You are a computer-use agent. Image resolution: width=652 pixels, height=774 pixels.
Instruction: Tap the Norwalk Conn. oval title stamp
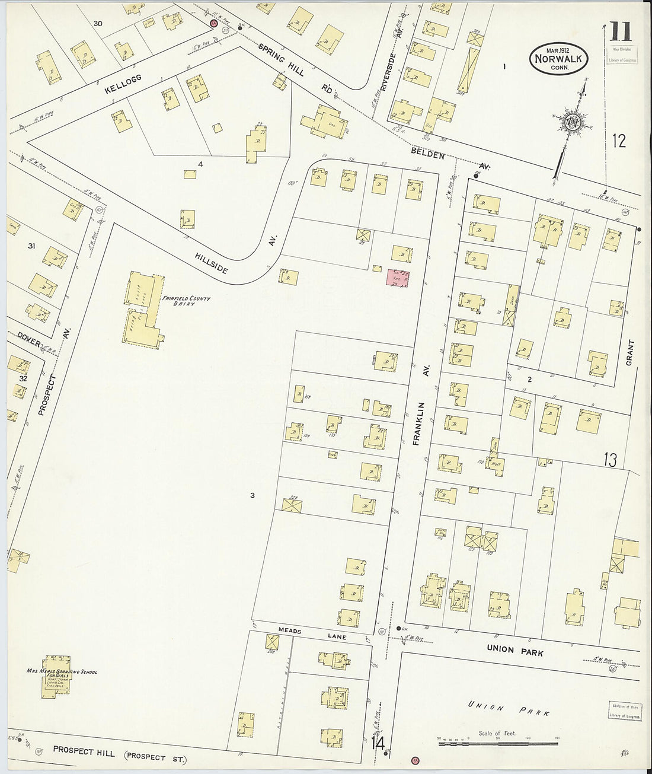(x=559, y=59)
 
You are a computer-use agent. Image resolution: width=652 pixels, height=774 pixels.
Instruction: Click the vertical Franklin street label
(x=423, y=422)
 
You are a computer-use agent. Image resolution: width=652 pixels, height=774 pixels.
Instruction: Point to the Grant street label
(x=629, y=352)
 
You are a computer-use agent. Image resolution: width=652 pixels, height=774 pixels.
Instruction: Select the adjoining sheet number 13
(x=610, y=460)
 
